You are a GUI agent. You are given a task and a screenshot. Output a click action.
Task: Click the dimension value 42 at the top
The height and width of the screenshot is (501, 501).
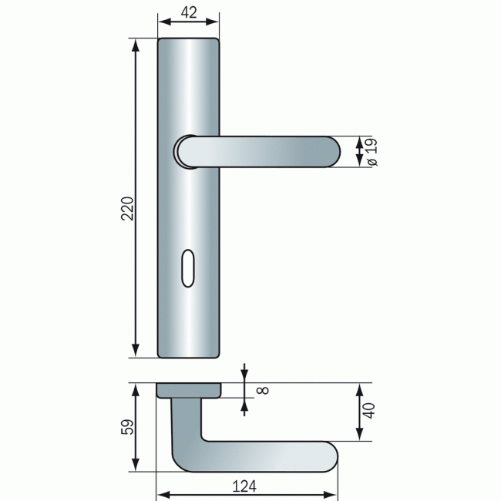tap(188, 12)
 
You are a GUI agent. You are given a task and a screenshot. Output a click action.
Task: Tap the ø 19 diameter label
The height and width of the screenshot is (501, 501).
tap(371, 152)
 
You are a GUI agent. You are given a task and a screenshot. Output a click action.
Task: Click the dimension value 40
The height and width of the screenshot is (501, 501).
tap(369, 412)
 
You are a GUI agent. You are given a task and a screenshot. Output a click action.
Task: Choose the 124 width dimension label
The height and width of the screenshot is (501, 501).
tap(243, 486)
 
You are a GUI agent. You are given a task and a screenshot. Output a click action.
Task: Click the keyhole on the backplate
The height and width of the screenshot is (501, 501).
tap(190, 267)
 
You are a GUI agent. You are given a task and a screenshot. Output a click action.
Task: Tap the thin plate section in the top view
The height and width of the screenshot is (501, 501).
tap(188, 390)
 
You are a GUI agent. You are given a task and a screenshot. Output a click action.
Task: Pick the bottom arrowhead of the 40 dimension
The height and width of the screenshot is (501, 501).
tap(359, 435)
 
